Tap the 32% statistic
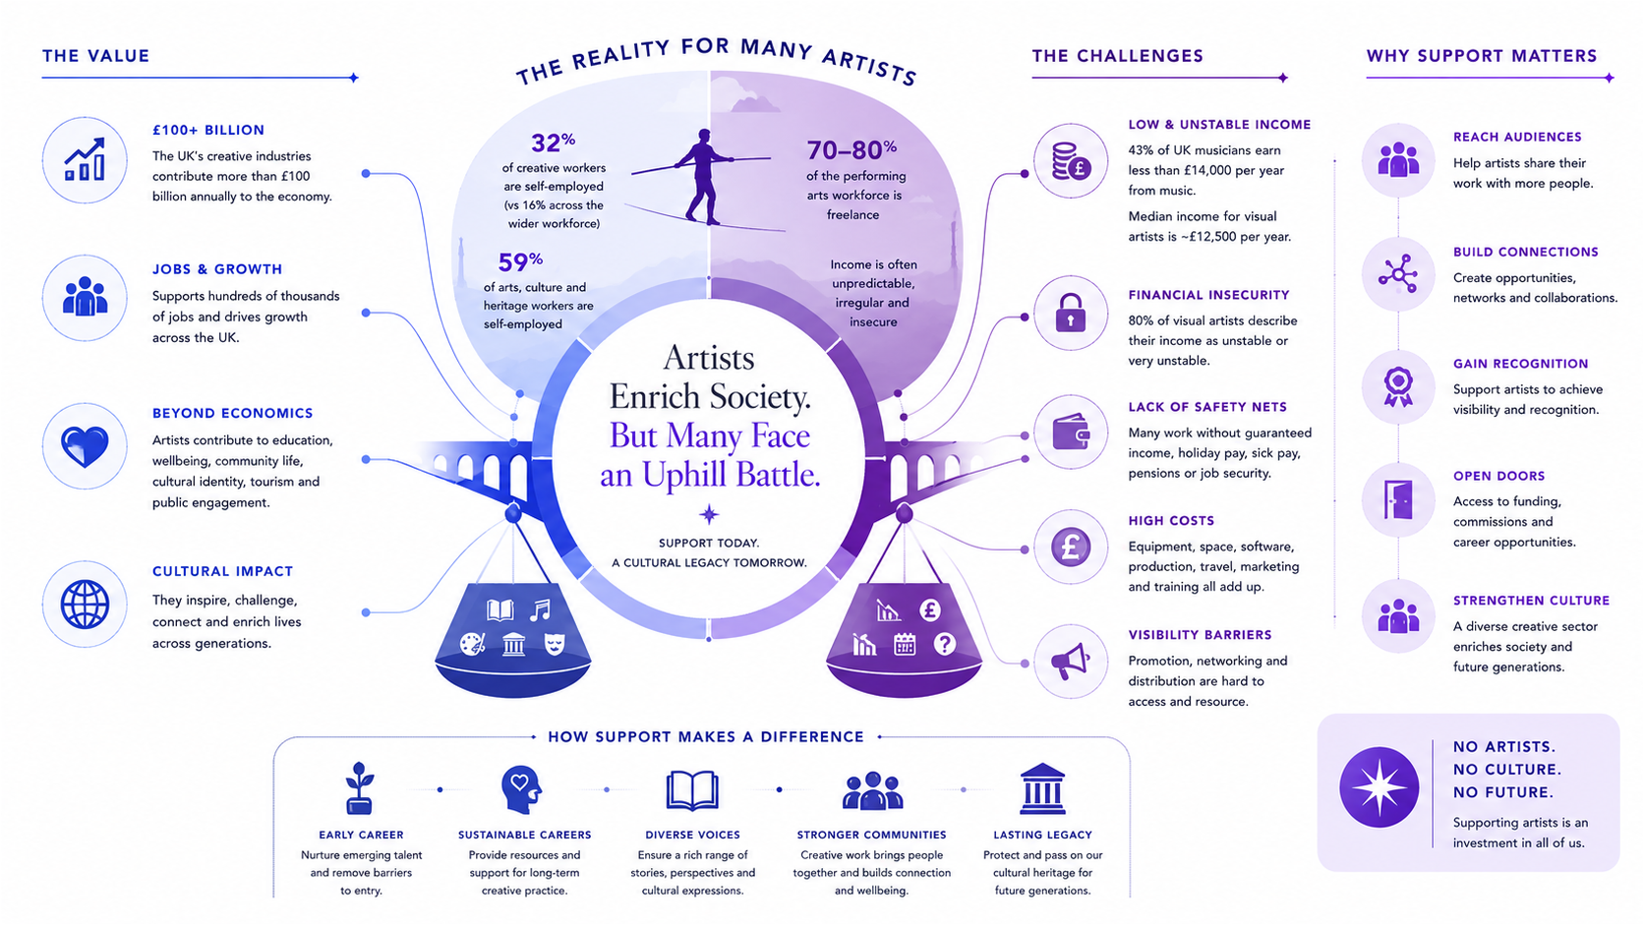553,142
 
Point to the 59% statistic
519,261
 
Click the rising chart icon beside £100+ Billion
85,159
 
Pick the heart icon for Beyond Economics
85,446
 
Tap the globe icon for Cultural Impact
85,605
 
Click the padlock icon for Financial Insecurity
1070,313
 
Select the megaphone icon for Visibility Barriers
1070,662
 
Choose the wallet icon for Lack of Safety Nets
1071,433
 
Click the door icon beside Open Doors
1398,500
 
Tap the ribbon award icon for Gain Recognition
1398,386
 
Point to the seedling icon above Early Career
360,787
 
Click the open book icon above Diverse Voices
691,790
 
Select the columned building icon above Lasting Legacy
1042,789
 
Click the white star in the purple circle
1380,787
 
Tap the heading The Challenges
1118,56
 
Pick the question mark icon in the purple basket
945,644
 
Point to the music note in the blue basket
540,610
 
